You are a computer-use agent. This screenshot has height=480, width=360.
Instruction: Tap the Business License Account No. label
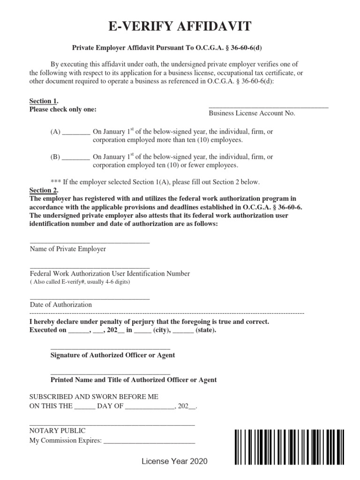(x=252, y=113)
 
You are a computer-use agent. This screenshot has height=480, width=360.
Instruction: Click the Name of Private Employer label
(x=68, y=249)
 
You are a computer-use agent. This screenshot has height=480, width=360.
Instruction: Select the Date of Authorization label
(x=61, y=304)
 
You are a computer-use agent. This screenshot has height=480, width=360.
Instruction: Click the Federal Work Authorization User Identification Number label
(x=110, y=273)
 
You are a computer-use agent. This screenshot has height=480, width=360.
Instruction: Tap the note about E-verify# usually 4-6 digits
(x=80, y=282)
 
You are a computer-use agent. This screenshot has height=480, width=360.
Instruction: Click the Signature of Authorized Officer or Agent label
(x=112, y=355)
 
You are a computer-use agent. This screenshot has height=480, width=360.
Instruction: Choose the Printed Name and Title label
(x=133, y=380)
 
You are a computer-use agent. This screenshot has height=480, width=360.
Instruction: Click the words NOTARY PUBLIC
(x=57, y=430)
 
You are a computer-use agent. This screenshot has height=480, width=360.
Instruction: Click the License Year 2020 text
(x=174, y=462)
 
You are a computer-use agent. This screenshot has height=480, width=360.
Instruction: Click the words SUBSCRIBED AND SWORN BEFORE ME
(x=94, y=396)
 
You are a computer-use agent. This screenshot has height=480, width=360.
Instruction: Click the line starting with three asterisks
(x=155, y=182)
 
